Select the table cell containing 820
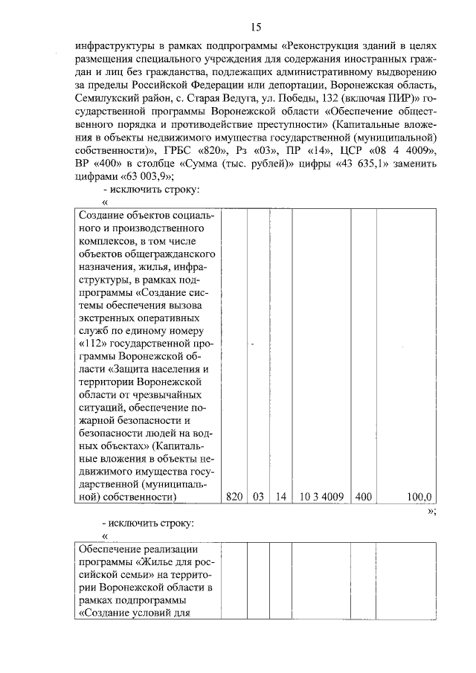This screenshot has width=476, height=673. (234, 496)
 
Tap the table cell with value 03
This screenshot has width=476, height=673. (258, 496)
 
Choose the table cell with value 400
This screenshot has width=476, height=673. (364, 496)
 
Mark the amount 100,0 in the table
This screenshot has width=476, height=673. (420, 496)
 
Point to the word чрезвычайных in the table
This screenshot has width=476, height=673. (171, 395)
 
